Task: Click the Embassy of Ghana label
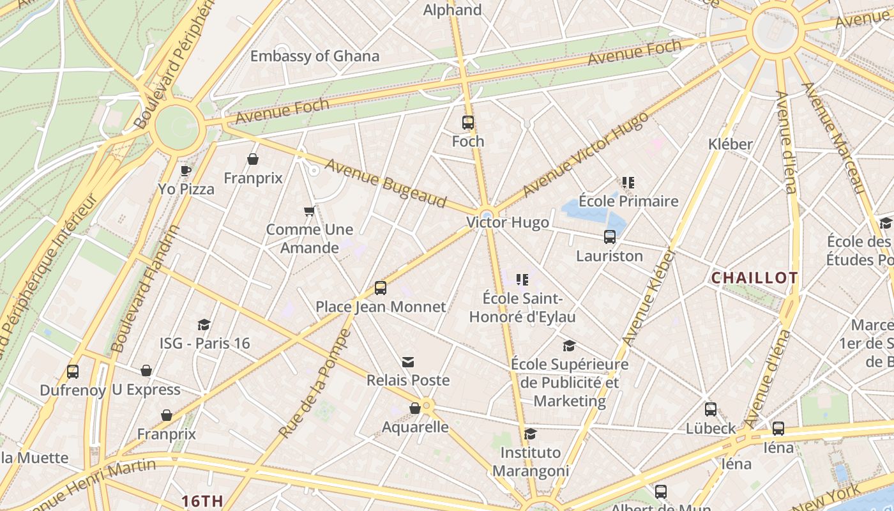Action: pyautogui.click(x=314, y=56)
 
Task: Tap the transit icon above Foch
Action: pyautogui.click(x=468, y=123)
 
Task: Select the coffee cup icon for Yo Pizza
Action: pyautogui.click(x=185, y=171)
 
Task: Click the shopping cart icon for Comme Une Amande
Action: pyautogui.click(x=310, y=211)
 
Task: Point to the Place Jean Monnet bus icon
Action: pyautogui.click(x=381, y=288)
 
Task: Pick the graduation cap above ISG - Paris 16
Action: pyautogui.click(x=204, y=324)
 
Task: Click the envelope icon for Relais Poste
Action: pyautogui.click(x=408, y=362)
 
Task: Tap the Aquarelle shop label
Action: pyautogui.click(x=415, y=427)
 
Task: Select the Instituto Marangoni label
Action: pyautogui.click(x=530, y=462)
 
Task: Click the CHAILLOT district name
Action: pyautogui.click(x=754, y=278)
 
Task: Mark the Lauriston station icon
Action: pyautogui.click(x=610, y=237)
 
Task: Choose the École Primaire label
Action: pyautogui.click(x=628, y=201)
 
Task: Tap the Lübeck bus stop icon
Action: pyautogui.click(x=711, y=409)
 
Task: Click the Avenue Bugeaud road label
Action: pyautogui.click(x=386, y=183)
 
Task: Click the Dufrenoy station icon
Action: pyautogui.click(x=73, y=371)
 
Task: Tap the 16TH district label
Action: pyautogui.click(x=202, y=501)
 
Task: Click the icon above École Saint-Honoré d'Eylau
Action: pyautogui.click(x=522, y=279)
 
